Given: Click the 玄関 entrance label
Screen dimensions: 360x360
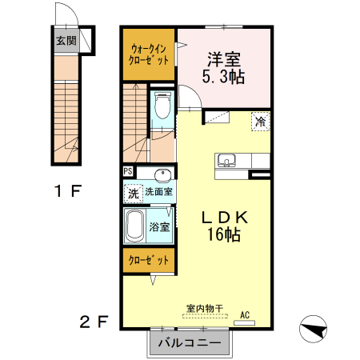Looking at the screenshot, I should point(66,41).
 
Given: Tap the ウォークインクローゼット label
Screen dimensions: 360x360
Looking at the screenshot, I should point(149,54).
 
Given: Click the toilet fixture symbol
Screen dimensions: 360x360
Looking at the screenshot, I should point(163,106).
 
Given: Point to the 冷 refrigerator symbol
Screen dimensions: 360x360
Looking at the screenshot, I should point(261,122).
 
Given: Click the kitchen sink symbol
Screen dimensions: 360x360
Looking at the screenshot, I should point(226,161).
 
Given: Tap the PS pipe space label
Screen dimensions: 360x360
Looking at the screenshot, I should point(128,171).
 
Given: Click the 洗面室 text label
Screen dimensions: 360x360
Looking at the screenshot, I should point(160,193).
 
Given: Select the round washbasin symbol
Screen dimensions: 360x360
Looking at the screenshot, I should point(165,176).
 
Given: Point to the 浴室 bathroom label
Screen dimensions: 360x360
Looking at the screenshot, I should point(160,226).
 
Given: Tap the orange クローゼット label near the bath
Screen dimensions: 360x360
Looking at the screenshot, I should point(149,261).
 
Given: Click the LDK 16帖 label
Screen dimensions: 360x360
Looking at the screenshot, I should point(222,226).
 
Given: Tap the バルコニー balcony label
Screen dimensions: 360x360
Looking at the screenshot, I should point(189,343).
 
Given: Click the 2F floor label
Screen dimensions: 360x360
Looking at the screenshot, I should point(94,322).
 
